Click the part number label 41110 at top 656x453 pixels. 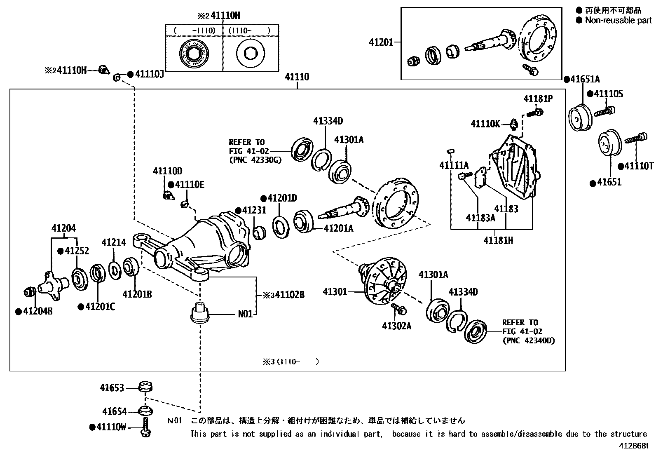pyautogui.click(x=297, y=77)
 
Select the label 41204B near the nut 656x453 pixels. pyautogui.click(x=37, y=312)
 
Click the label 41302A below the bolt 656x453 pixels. pyautogui.click(x=396, y=326)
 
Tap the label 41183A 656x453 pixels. pyautogui.click(x=480, y=218)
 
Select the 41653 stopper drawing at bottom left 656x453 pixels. pyautogui.click(x=145, y=387)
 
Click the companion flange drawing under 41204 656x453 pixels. pyautogui.click(x=53, y=282)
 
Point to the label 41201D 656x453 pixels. pyautogui.click(x=282, y=198)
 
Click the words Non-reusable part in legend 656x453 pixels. pyautogui.click(x=618, y=20)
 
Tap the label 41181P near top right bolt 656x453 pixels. pyautogui.click(x=538, y=99)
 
